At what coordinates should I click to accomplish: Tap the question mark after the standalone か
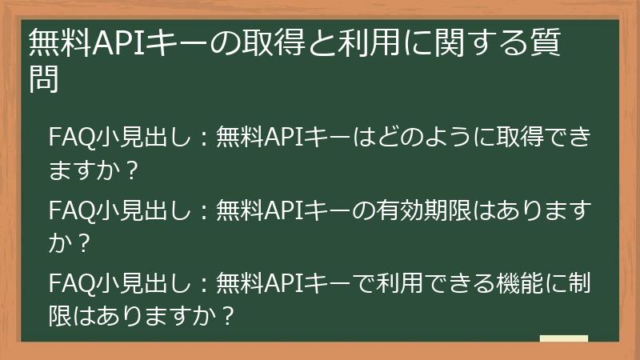79,245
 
